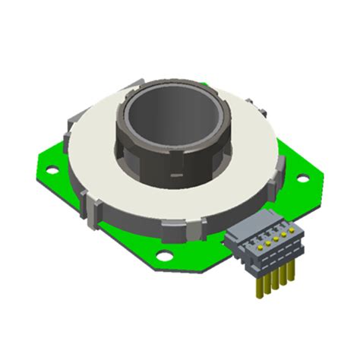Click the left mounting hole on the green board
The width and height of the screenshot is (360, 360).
(52, 169)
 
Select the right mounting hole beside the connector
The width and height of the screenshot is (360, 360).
(302, 179)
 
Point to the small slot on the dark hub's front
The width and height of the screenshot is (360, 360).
(176, 179)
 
